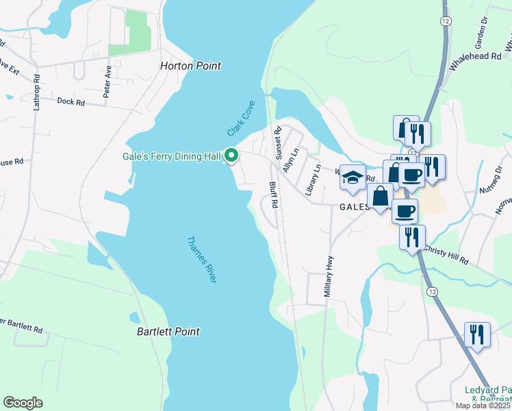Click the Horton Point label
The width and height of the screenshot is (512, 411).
tap(190, 66)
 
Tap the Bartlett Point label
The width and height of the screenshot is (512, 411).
tap(167, 332)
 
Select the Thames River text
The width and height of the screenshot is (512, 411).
tap(202, 260)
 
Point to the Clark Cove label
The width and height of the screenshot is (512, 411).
tap(240, 119)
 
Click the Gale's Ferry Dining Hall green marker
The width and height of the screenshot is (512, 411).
tap(231, 157)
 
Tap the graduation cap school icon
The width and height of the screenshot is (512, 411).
tap(353, 177)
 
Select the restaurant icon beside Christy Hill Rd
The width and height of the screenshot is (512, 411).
tap(412, 237)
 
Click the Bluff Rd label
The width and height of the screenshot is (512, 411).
tap(274, 194)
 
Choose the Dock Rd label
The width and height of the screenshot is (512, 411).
tap(71, 102)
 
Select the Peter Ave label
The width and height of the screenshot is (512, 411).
tap(107, 82)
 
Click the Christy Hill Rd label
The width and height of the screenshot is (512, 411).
tap(446, 256)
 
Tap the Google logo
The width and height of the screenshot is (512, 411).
tap(23, 403)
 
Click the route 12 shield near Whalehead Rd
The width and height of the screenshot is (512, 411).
tap(446, 22)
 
